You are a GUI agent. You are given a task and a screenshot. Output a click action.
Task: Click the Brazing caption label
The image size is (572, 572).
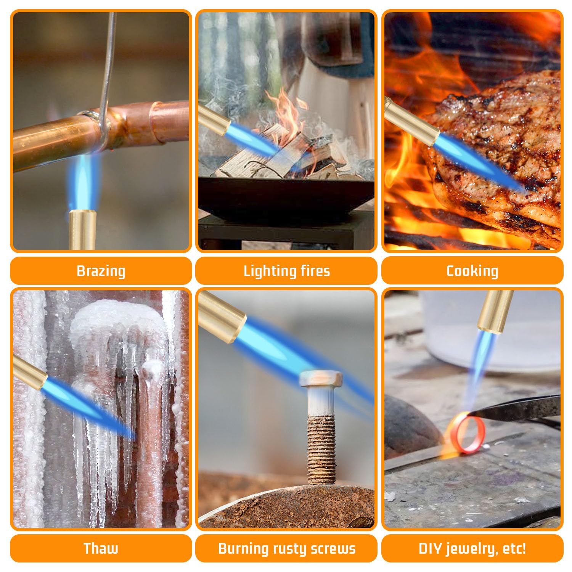[101, 271]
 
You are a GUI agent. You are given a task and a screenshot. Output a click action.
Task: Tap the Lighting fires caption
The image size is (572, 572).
[286, 271]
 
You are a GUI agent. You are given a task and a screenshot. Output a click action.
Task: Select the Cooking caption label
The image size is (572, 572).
[472, 271]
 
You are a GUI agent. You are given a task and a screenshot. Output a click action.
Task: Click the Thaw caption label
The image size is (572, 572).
[101, 548]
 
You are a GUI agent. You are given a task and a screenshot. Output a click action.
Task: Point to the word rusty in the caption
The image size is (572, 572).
[289, 549]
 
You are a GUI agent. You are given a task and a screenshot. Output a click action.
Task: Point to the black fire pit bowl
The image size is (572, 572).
[286, 197]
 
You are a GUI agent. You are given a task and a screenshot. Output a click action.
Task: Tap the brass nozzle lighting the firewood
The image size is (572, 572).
[214, 122]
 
